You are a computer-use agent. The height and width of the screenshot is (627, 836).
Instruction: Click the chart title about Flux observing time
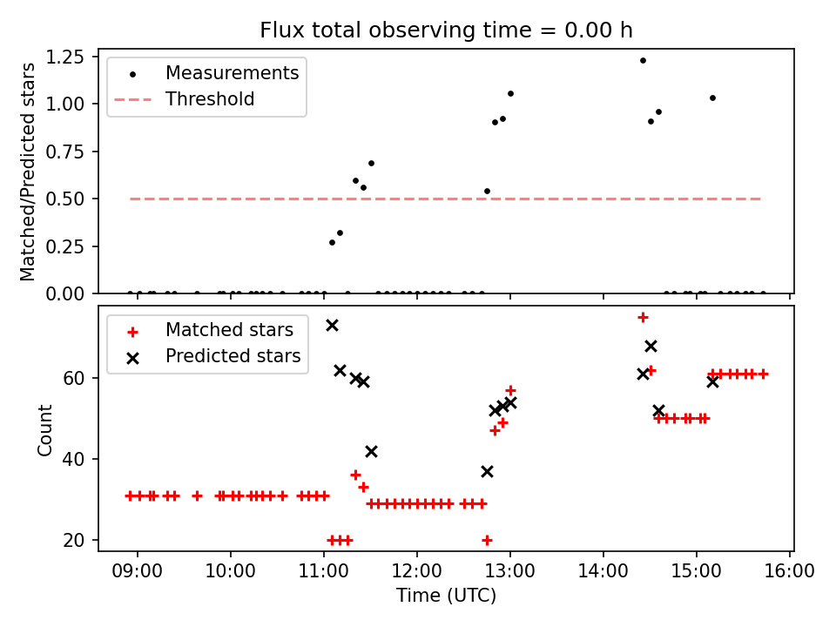tap(446, 30)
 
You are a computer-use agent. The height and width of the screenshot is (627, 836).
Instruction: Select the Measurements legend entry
tap(232, 72)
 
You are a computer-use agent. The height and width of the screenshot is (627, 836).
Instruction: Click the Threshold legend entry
tap(210, 99)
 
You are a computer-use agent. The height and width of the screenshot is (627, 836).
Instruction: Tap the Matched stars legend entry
tap(229, 330)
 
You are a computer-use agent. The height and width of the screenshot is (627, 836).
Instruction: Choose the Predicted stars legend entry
tap(233, 356)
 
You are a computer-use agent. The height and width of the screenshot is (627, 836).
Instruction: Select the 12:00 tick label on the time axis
tap(417, 573)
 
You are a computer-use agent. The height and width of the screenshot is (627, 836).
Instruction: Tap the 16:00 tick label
tap(790, 573)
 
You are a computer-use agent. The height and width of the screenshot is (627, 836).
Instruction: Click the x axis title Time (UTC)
tap(446, 597)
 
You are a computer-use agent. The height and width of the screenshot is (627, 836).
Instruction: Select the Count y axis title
tap(45, 429)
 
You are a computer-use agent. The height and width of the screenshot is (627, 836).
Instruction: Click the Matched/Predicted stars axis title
tap(28, 172)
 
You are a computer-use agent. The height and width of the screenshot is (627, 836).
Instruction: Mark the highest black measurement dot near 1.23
tap(643, 61)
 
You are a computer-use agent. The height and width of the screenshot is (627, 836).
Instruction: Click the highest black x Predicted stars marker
tap(332, 325)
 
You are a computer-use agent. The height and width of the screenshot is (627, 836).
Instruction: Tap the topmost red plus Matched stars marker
tap(643, 317)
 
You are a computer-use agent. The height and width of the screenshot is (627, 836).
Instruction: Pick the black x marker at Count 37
tap(487, 471)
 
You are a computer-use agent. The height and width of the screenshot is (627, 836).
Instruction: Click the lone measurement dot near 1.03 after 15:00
tap(712, 98)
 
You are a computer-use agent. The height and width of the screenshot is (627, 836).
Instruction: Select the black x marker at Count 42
tap(371, 451)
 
